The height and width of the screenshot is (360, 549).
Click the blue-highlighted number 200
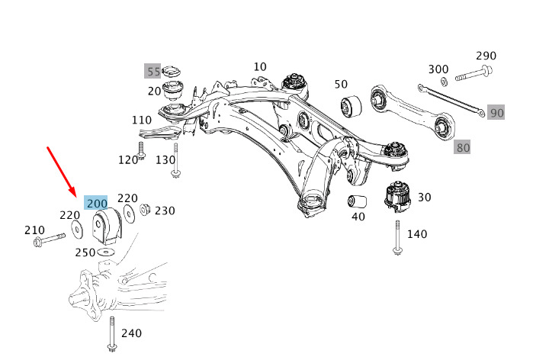pos(97,203)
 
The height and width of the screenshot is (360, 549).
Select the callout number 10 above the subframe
pos(260,67)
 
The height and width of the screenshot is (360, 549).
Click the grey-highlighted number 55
pos(153,72)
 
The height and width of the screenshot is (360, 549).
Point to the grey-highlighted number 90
pos(496,113)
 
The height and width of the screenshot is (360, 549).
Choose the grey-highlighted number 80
pos(463,146)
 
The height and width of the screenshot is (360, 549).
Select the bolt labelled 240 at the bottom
pos(112,333)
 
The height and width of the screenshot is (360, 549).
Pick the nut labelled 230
pos(146,210)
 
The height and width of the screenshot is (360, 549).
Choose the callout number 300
pos(438,69)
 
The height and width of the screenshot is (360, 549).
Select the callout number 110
pos(141,121)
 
